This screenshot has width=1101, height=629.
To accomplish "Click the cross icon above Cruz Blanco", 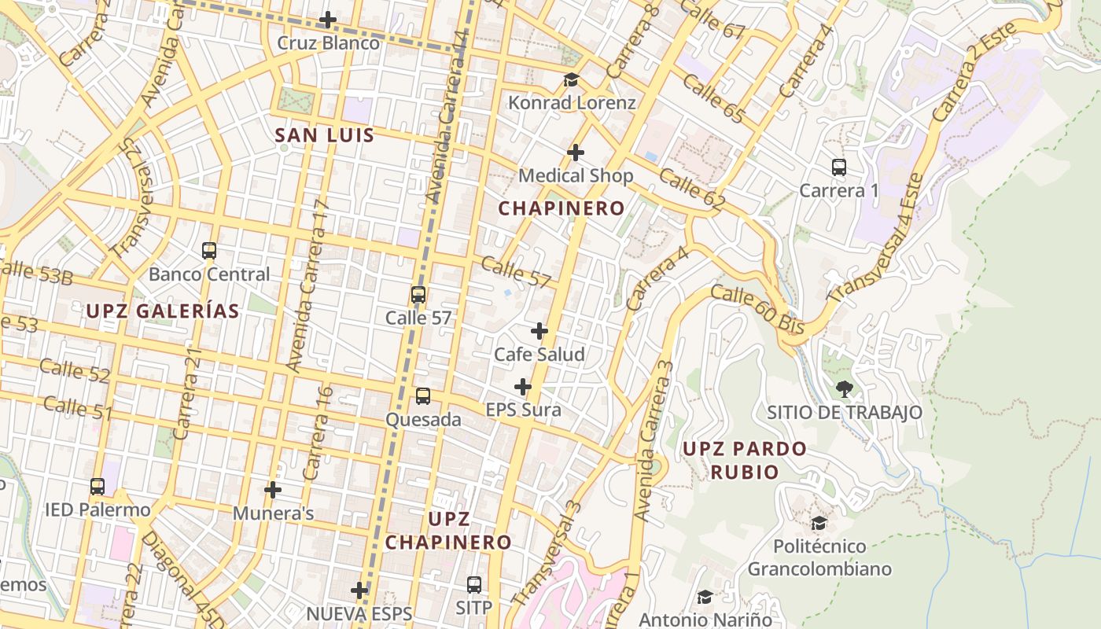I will point(328,20).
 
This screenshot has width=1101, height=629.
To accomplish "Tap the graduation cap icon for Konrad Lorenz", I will point(571,80).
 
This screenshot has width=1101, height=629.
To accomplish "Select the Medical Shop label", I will point(576,175).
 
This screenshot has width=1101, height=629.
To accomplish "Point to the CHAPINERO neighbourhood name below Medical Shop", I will point(562,208).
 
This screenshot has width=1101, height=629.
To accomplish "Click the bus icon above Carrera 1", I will point(839,167).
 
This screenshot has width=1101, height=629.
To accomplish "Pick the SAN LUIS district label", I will point(324,135).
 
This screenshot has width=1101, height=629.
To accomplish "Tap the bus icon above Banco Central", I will point(209,252).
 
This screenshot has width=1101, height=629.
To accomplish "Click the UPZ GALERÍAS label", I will point(162,311).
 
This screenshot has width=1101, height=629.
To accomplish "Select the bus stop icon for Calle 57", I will point(418,296).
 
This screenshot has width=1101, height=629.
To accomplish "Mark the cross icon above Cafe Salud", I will point(539,331).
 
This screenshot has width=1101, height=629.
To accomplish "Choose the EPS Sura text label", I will point(523,410).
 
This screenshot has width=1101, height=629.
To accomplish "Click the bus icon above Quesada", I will point(423,396).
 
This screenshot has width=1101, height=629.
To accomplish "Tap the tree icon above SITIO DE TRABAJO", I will point(845,388).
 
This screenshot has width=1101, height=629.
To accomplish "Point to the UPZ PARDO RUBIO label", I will point(744,460).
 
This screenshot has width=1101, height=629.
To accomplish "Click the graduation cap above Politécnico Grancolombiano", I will point(819,523).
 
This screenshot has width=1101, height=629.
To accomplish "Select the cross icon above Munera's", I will point(273,490).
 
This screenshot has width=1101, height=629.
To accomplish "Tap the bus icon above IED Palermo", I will point(98,487).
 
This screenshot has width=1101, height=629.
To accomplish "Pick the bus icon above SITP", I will point(474,585).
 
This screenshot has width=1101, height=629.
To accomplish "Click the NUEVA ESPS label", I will point(359,613).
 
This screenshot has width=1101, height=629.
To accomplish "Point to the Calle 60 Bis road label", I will point(757,310).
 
